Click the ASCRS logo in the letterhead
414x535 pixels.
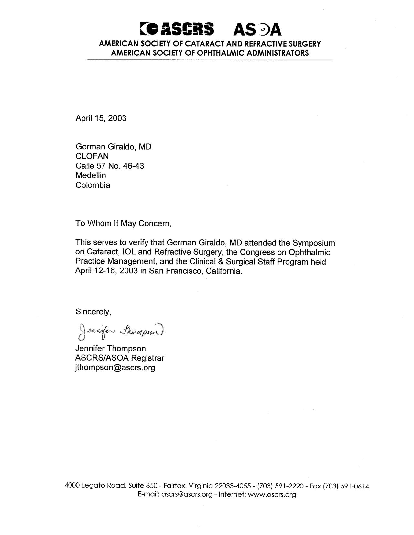[x=177, y=29]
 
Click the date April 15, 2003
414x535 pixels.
[x=101, y=118]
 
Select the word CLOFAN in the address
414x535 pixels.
[x=92, y=156]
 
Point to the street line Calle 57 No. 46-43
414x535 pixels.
[x=110, y=166]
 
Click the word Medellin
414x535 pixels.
[x=91, y=175]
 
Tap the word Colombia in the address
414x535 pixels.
[x=93, y=185]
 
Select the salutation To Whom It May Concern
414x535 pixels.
[x=123, y=223]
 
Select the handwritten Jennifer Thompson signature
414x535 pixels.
[x=120, y=331]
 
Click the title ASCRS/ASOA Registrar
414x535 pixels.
[x=120, y=358]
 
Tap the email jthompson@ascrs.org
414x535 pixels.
[x=115, y=368]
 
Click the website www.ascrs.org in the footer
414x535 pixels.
[x=272, y=494]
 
